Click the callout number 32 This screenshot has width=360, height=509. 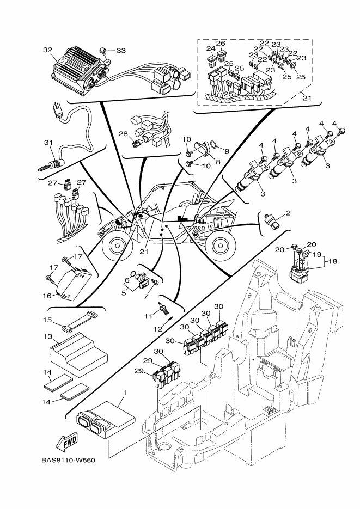[47, 50]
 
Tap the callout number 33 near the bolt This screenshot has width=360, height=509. [121, 50]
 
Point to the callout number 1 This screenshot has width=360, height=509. [125, 393]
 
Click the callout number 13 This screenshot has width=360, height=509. [47, 338]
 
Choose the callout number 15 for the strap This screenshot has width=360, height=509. [47, 320]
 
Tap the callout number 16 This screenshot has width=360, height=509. [47, 295]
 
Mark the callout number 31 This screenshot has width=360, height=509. [47, 143]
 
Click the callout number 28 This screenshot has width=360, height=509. [124, 134]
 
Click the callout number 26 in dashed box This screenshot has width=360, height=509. [220, 43]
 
